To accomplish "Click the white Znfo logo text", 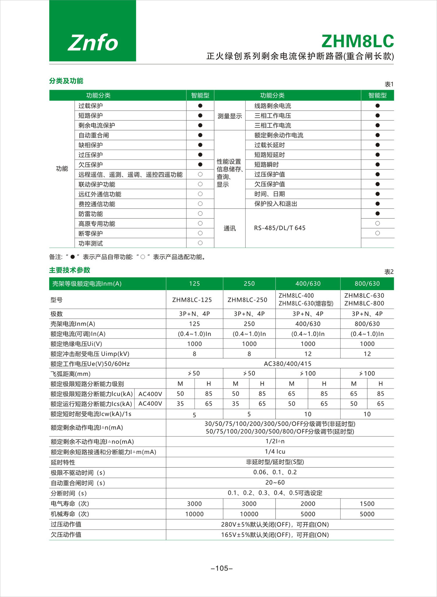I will coord(93,43).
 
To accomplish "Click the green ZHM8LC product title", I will coord(357,41).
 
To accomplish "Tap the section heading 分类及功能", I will coord(66,81).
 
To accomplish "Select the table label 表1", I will coord(389,84).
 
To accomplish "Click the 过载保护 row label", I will coord(91,106).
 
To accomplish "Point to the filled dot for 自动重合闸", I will coord(200,135).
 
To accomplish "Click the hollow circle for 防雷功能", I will coord(200,214).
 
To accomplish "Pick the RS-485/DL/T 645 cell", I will coord(280,228).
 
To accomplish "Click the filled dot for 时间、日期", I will coord(378,194).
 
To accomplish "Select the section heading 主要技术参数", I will coord(70,270).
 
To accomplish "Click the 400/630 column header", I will coord(308,284).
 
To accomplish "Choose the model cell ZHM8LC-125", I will coord(192,300).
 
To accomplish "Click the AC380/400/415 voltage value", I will coord(288,364).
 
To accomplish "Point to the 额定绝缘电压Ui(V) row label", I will coord(76,344).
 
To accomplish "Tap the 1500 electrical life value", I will coord(367,504).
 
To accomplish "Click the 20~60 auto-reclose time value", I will coord(275,483).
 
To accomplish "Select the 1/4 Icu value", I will coord(275,452).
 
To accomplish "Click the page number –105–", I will coord(222,568).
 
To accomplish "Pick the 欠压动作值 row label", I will coord(66,535).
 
